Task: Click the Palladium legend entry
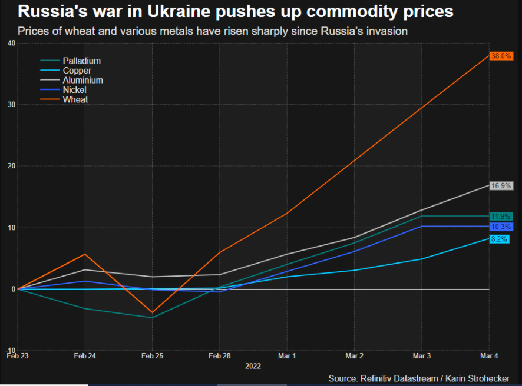click(x=81, y=61)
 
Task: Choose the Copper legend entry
click(x=77, y=71)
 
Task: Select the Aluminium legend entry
click(x=82, y=80)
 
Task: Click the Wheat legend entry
click(x=75, y=99)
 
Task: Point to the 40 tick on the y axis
click(x=11, y=43)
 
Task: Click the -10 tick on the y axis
click(x=10, y=350)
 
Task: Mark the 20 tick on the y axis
click(x=11, y=166)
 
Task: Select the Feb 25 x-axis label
click(x=152, y=357)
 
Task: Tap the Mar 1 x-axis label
click(x=286, y=357)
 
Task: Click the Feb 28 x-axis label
click(x=219, y=357)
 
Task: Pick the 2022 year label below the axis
click(x=253, y=365)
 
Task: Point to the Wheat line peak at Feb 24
click(x=85, y=254)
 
